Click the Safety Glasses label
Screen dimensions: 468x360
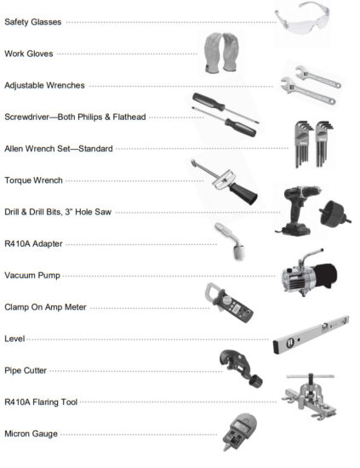coord(33,21)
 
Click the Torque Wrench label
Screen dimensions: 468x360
coord(33,180)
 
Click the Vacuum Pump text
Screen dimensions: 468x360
coord(31,276)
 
